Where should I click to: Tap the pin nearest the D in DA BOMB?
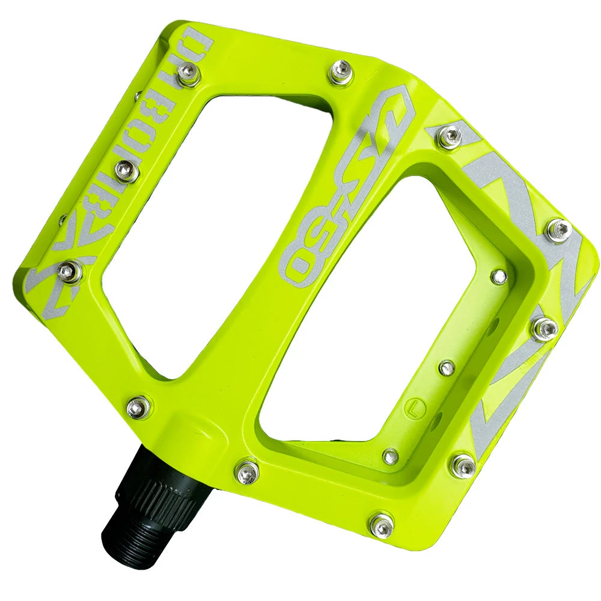tap(188, 77)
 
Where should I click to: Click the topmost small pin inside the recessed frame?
tap(498, 276)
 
